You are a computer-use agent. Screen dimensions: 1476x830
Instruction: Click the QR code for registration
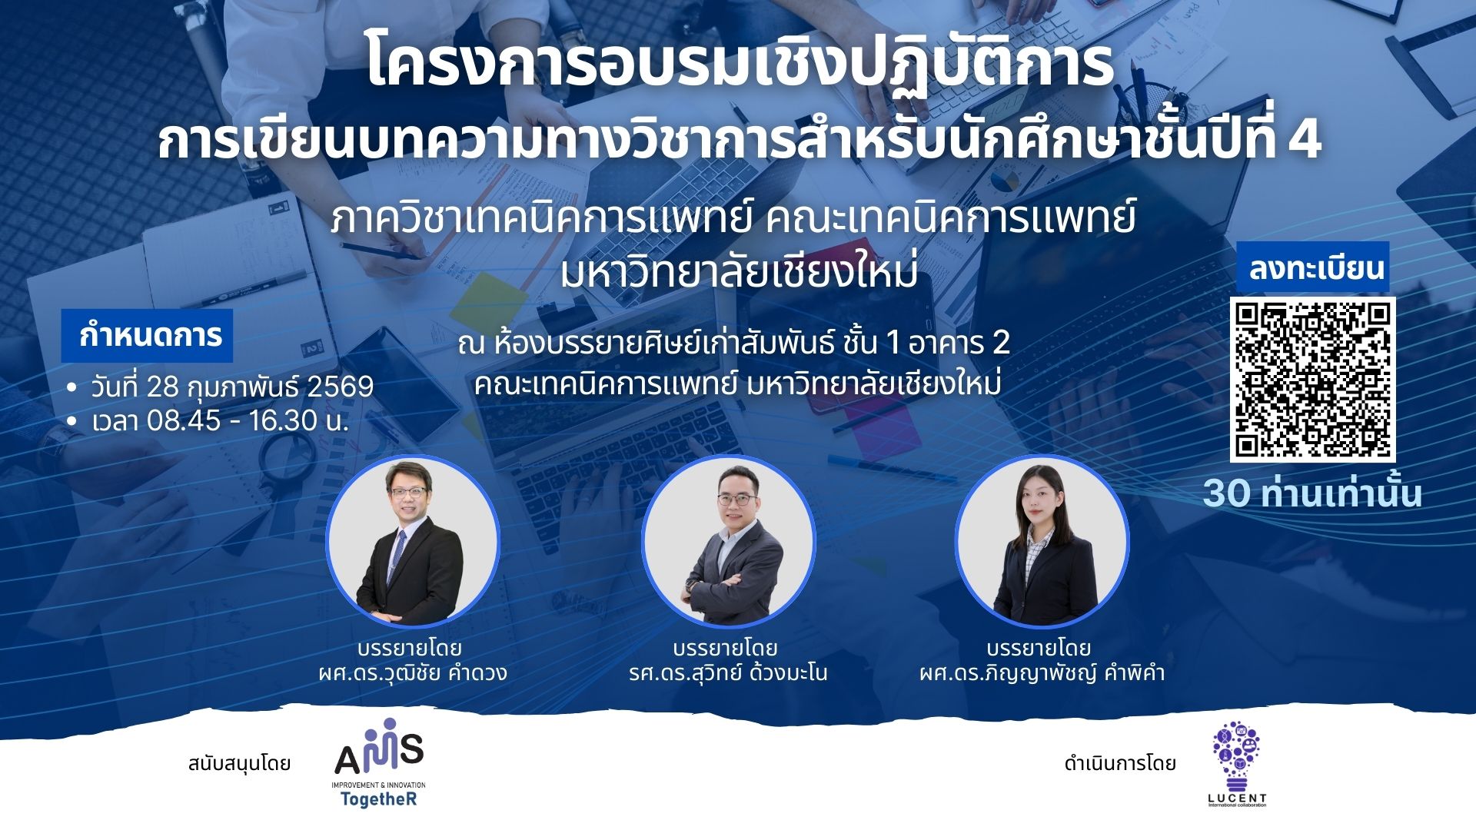pos(1312,380)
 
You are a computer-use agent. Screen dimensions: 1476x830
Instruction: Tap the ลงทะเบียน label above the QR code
pos(1316,267)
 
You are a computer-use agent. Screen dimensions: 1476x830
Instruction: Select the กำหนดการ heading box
pos(147,335)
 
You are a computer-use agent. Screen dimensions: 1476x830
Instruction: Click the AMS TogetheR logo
pos(379,763)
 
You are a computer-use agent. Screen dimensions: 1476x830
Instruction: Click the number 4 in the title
pos(1305,139)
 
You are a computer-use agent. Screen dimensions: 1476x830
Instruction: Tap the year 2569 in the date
pos(340,387)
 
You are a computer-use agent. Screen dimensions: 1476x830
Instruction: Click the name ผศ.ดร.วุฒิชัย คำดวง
pos(413,673)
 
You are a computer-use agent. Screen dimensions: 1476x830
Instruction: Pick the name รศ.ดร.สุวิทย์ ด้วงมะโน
pos(728,673)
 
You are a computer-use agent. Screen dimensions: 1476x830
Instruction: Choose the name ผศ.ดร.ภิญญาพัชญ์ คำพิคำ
pos(1042,673)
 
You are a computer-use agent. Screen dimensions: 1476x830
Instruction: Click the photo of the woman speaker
pos(1042,541)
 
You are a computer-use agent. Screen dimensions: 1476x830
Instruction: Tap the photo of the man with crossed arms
pos(728,541)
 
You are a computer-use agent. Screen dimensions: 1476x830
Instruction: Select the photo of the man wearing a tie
pos(413,541)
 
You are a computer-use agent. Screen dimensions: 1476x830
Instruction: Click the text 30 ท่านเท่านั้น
pos(1312,493)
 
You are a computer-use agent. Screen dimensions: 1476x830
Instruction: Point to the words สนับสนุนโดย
pos(239,764)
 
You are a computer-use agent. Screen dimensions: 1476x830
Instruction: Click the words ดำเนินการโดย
pos(1120,764)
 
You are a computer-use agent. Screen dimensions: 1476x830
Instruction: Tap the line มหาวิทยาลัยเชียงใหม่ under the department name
pos(739,273)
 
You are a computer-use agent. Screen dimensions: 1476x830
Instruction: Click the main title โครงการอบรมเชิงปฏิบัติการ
pos(740,64)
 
